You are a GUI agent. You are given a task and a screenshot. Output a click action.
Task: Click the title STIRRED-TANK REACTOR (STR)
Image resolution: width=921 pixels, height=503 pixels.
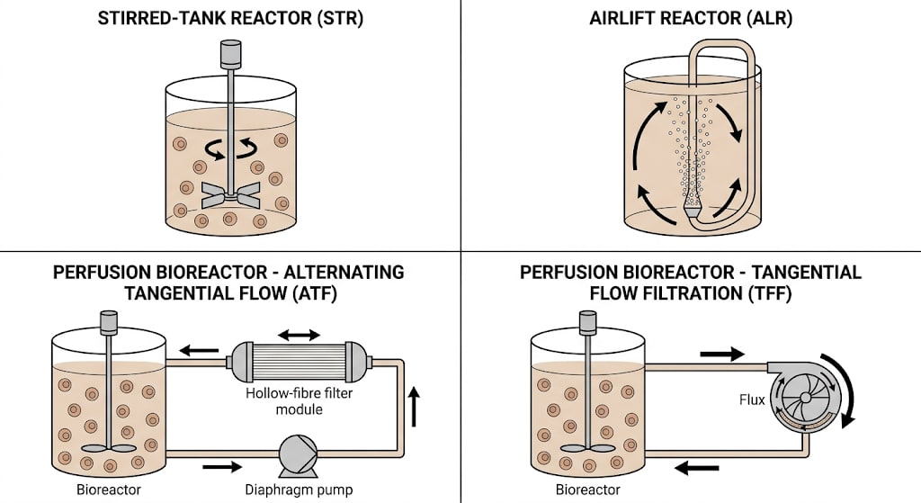230,18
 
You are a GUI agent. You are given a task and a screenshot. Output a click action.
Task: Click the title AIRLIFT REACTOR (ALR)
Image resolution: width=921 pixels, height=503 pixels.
691,18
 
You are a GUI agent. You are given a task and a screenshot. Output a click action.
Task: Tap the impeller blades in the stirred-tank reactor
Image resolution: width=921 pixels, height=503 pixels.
231,195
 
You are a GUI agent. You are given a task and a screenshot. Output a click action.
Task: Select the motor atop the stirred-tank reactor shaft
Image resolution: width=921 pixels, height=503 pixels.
230,53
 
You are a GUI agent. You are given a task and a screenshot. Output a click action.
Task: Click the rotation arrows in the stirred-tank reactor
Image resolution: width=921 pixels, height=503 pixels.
231,148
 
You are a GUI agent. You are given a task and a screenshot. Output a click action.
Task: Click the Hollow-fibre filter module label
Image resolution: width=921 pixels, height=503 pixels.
299,400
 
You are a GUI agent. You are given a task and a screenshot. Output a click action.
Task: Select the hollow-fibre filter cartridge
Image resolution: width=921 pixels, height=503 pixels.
299,362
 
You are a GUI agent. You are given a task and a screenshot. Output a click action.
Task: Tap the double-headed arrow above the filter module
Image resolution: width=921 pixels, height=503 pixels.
299,335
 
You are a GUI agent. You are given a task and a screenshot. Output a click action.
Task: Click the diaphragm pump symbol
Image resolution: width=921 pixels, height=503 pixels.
298,456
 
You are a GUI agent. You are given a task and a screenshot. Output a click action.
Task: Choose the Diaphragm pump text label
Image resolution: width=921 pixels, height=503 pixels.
299,490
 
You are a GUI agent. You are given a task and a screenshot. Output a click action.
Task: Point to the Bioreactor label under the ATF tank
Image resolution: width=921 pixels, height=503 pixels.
109,490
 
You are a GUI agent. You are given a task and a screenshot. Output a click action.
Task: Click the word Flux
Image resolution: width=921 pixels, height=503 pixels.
752,400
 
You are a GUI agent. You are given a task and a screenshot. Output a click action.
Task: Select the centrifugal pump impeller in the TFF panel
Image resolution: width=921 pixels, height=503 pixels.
805,398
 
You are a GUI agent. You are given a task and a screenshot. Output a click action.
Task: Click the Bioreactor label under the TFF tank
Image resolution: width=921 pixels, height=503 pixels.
588,490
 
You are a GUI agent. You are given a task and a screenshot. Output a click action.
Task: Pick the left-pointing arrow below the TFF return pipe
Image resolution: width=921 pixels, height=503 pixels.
697,468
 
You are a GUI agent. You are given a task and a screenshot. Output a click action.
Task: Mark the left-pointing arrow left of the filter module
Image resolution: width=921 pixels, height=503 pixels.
199,351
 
